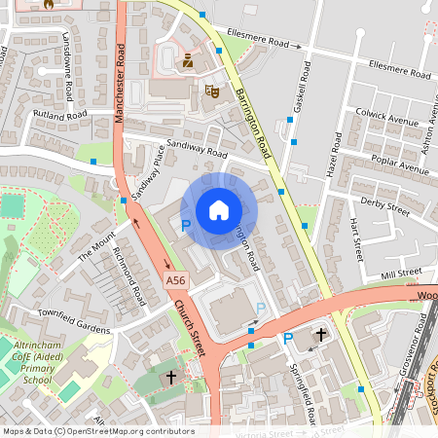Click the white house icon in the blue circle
pyautogui.click(x=219, y=209)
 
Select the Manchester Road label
pyautogui.click(x=119, y=88)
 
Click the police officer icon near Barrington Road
pyautogui.click(x=188, y=61)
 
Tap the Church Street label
pyautogui.click(x=191, y=327)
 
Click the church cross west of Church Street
pyautogui.click(x=171, y=376)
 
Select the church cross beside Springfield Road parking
pyautogui.click(x=320, y=335)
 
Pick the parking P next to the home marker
pyautogui.click(x=186, y=225)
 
